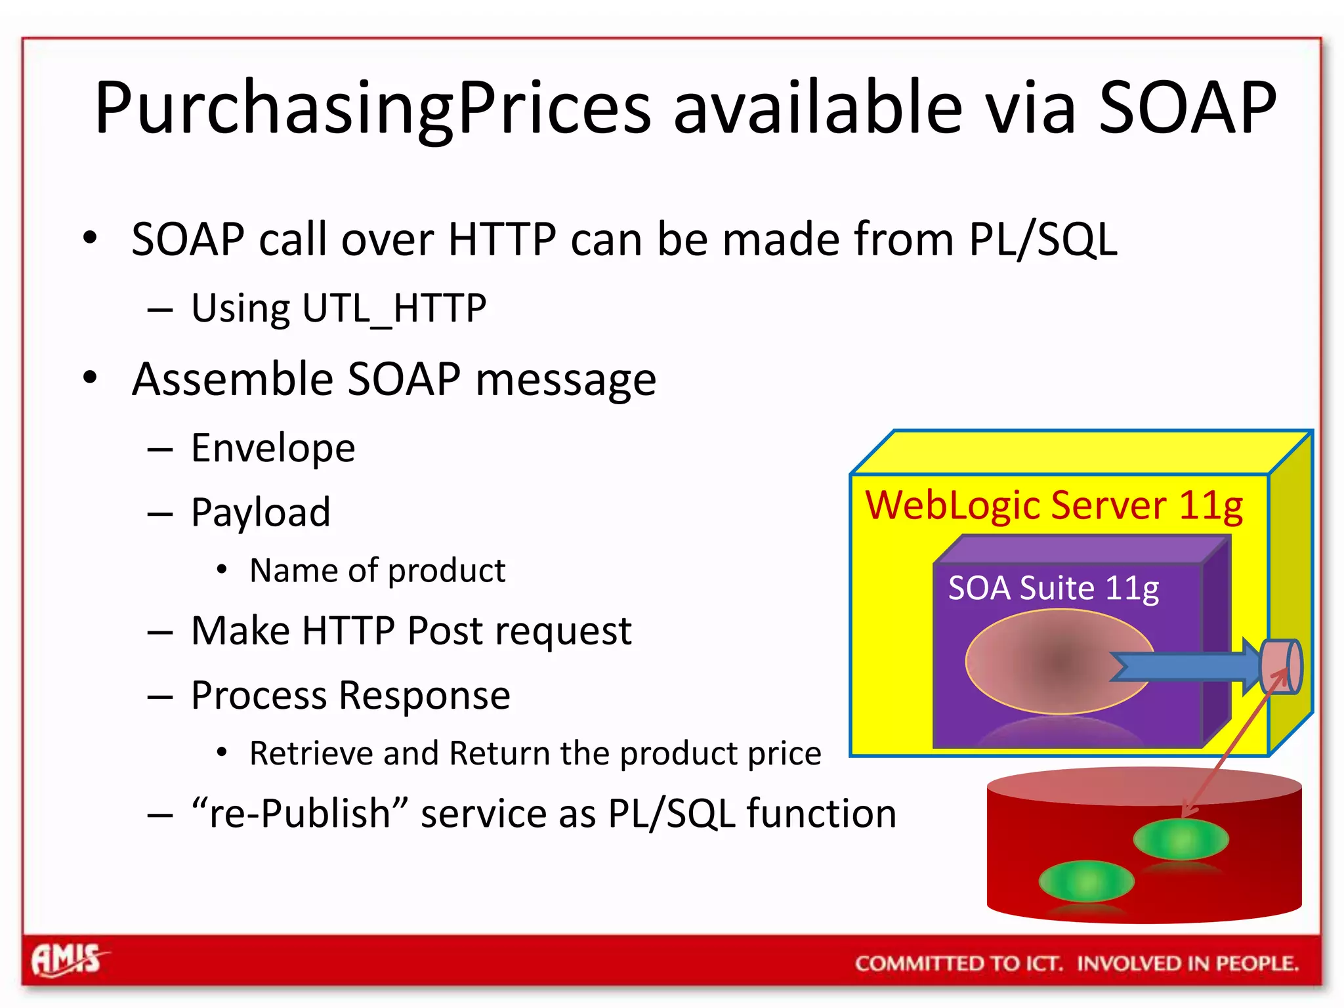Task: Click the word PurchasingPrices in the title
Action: (373, 108)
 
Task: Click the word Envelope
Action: (273, 449)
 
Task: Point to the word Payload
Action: (261, 513)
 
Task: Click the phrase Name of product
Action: (377, 570)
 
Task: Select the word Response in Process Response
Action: (425, 696)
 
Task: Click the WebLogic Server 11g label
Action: (1054, 506)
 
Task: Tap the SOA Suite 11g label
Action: (1053, 588)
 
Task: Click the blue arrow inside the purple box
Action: (1181, 667)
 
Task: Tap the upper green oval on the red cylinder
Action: (1181, 839)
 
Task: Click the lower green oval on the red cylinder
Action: (1086, 881)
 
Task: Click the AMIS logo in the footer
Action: (67, 961)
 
